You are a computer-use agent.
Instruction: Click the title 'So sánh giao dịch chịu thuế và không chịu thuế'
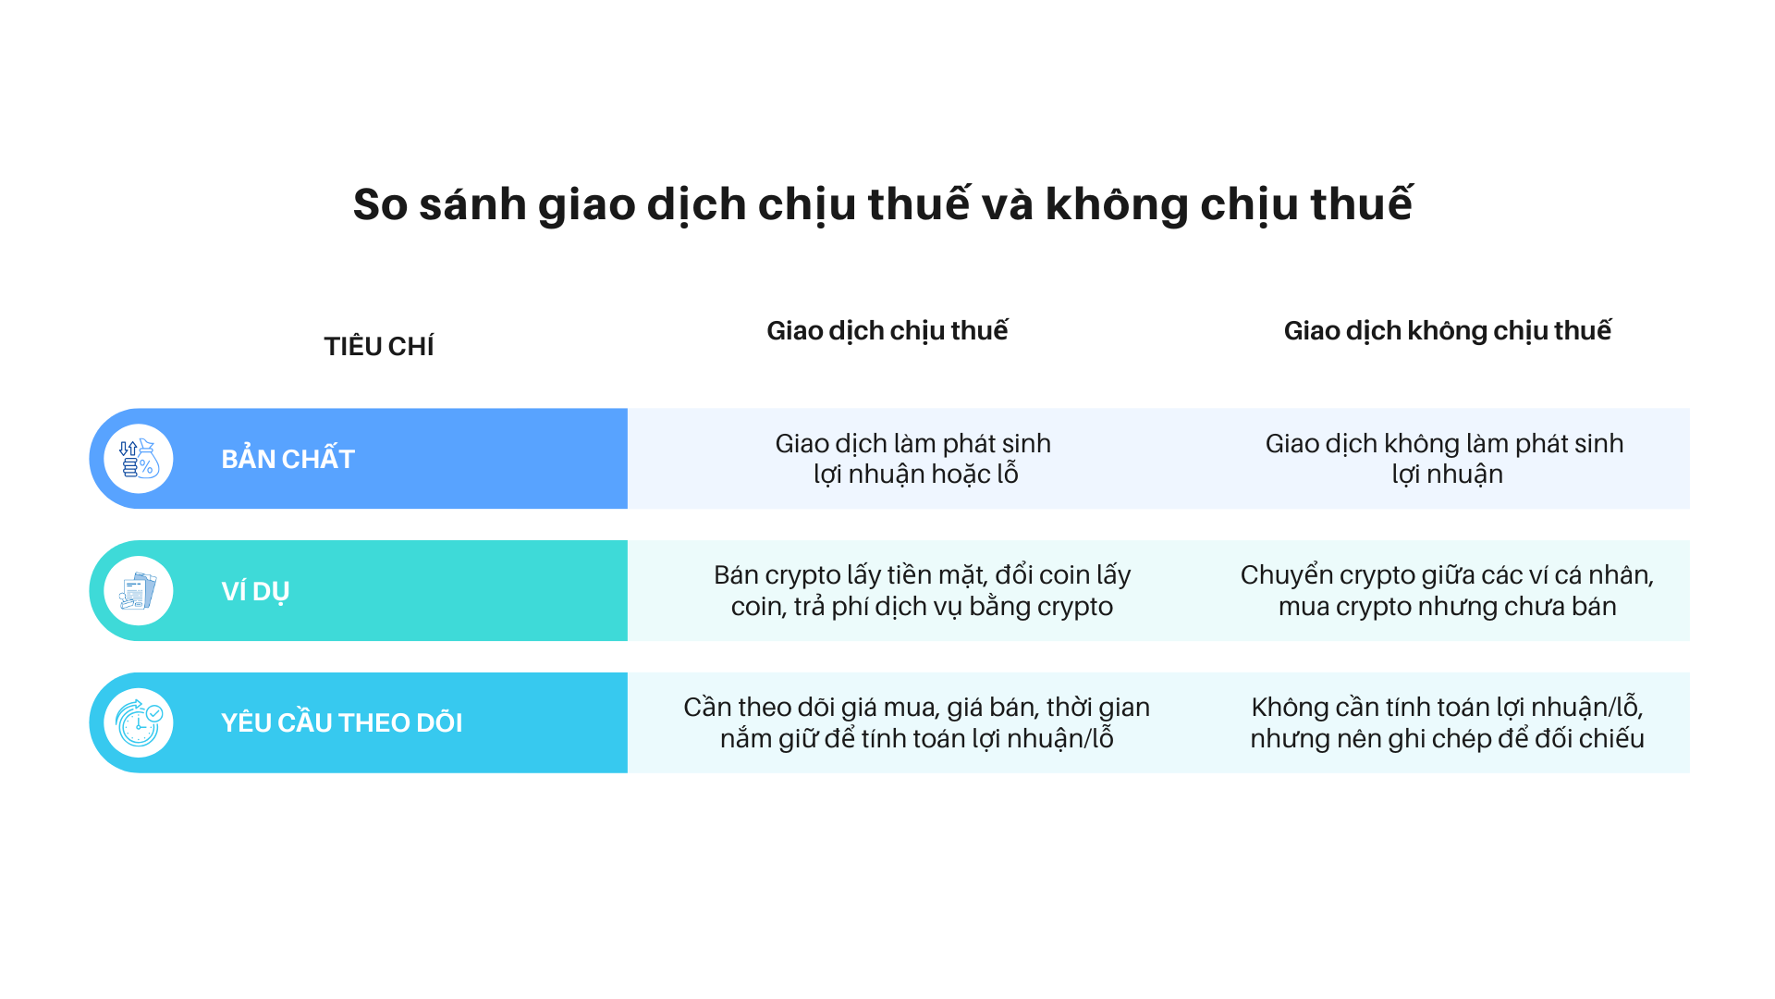click(883, 204)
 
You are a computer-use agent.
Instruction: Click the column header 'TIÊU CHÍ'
click(378, 346)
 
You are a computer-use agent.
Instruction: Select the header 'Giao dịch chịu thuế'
click(887, 330)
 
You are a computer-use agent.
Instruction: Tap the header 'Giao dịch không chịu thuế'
click(1447, 330)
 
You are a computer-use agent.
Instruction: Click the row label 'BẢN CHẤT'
click(288, 459)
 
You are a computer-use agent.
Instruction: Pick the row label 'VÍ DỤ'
click(255, 591)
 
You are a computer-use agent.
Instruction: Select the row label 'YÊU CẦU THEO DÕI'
click(341, 722)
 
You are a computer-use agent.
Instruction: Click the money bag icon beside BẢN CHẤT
click(139, 459)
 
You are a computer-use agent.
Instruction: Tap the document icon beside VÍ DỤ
click(139, 591)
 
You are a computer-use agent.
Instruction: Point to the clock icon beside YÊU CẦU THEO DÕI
click(139, 722)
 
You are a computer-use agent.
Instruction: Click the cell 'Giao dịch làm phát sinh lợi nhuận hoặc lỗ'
click(913, 459)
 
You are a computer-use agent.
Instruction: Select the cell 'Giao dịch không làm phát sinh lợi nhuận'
click(1445, 459)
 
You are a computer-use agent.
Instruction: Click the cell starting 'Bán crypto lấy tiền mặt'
click(922, 591)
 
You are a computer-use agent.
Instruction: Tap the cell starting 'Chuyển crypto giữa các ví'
click(1447, 591)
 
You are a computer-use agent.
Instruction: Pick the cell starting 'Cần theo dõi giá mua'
click(916, 722)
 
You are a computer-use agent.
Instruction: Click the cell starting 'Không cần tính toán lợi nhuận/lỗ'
click(1447, 722)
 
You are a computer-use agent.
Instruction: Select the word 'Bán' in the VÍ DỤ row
click(736, 575)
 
